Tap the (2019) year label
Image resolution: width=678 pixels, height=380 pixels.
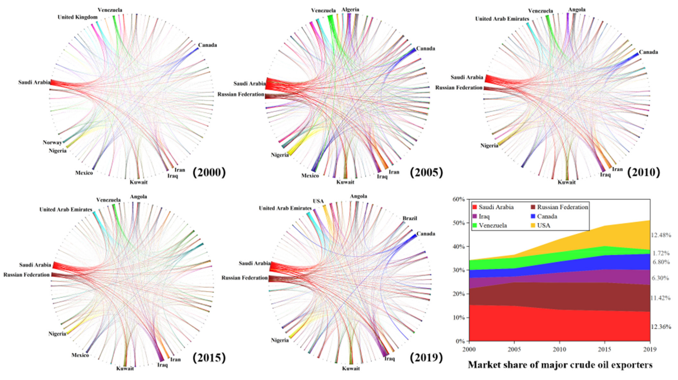pos(426,358)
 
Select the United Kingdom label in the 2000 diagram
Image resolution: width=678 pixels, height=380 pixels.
pos(77,17)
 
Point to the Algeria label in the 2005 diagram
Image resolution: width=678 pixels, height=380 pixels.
pos(350,10)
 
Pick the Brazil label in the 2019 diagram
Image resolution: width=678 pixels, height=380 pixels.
pos(410,218)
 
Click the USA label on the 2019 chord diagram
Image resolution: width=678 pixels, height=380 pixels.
pos(318,201)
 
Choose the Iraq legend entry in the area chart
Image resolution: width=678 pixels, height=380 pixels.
pos(484,216)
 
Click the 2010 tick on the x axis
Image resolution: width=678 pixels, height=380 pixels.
pos(559,349)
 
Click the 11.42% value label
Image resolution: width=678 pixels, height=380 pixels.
pos(661,298)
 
